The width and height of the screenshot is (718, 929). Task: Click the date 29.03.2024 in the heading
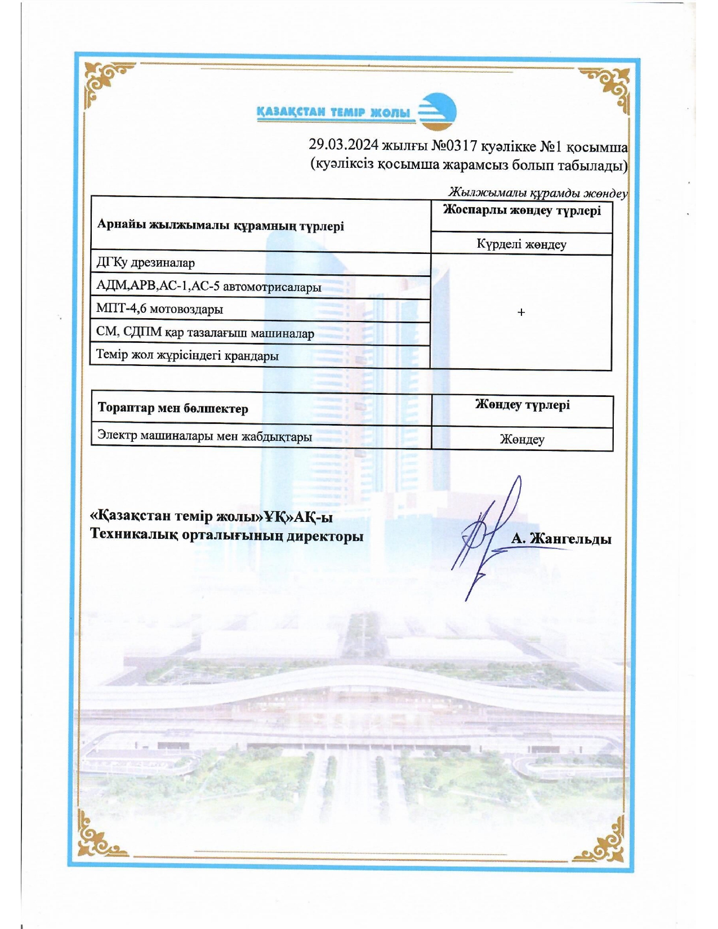[x=344, y=145]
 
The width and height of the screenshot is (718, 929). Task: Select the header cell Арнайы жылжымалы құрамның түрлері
[x=220, y=225]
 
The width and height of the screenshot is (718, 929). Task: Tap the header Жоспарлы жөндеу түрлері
[x=521, y=211]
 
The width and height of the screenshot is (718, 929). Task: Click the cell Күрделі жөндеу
[x=521, y=244]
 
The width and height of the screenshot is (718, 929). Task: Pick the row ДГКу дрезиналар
[x=146, y=263]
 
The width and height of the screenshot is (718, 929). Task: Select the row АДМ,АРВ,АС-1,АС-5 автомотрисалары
[x=208, y=287]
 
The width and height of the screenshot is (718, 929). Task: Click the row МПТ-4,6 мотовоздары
[x=159, y=309]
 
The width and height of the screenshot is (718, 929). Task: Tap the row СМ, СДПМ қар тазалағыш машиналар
[x=205, y=333]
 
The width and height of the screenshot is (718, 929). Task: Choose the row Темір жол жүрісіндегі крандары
[x=187, y=356]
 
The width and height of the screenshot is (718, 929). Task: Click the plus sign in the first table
[x=521, y=312]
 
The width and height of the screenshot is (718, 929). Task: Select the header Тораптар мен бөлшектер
[x=173, y=408]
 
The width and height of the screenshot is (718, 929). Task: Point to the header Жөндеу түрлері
[x=522, y=405]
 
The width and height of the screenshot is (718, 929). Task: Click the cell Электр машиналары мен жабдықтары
[x=204, y=436]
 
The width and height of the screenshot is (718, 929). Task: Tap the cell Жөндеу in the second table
[x=522, y=439]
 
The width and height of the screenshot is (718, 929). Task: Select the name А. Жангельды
[x=561, y=539]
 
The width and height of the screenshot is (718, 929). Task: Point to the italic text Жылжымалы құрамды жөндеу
[x=537, y=193]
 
